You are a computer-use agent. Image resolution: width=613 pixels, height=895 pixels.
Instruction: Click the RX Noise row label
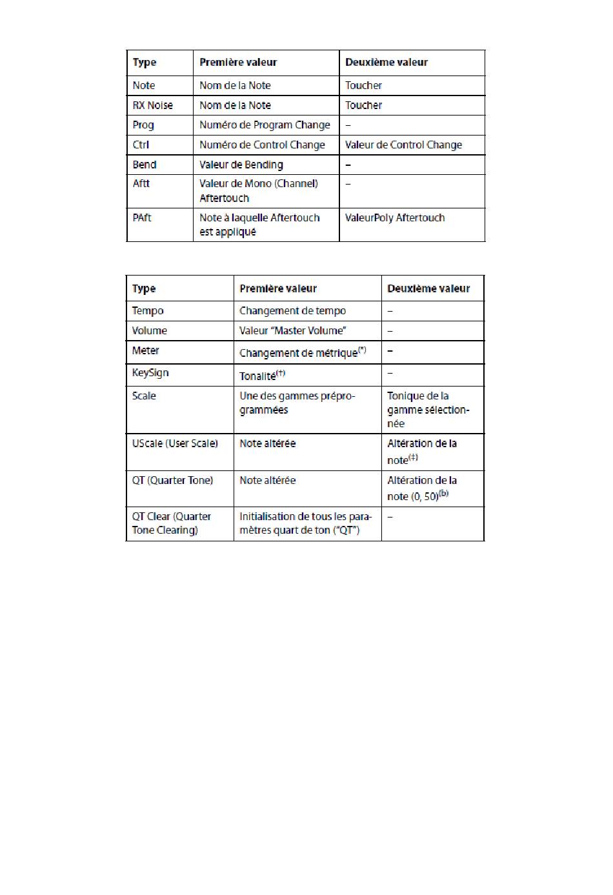(153, 105)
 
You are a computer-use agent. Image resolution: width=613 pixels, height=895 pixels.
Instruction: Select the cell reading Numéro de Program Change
(265, 125)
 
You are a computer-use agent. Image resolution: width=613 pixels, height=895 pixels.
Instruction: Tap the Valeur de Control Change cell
(403, 145)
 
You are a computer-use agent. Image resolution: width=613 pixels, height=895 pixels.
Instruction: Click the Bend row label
(145, 165)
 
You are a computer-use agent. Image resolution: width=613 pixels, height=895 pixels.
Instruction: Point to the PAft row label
(142, 218)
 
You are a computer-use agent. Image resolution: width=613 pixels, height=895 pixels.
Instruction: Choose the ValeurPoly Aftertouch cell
(395, 218)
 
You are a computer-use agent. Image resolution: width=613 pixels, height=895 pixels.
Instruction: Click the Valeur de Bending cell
(241, 165)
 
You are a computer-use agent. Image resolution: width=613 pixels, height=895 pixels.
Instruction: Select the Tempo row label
(148, 311)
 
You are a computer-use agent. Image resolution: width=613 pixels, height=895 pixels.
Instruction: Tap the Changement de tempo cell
(292, 311)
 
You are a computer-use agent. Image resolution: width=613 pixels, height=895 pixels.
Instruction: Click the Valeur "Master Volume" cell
(292, 331)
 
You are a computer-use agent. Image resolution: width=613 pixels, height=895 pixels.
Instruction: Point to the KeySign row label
(150, 373)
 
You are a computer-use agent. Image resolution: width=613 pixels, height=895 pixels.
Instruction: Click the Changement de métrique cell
(303, 352)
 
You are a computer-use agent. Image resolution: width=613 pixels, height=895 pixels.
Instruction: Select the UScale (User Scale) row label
(175, 444)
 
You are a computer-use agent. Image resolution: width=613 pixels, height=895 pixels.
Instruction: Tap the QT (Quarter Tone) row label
(172, 481)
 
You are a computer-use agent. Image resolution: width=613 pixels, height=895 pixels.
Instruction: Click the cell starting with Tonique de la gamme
(428, 410)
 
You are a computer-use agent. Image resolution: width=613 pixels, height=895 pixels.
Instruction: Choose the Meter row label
(145, 350)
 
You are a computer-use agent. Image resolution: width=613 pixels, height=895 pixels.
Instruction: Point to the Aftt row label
(141, 184)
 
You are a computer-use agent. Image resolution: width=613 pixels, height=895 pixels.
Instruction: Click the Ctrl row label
(141, 145)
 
